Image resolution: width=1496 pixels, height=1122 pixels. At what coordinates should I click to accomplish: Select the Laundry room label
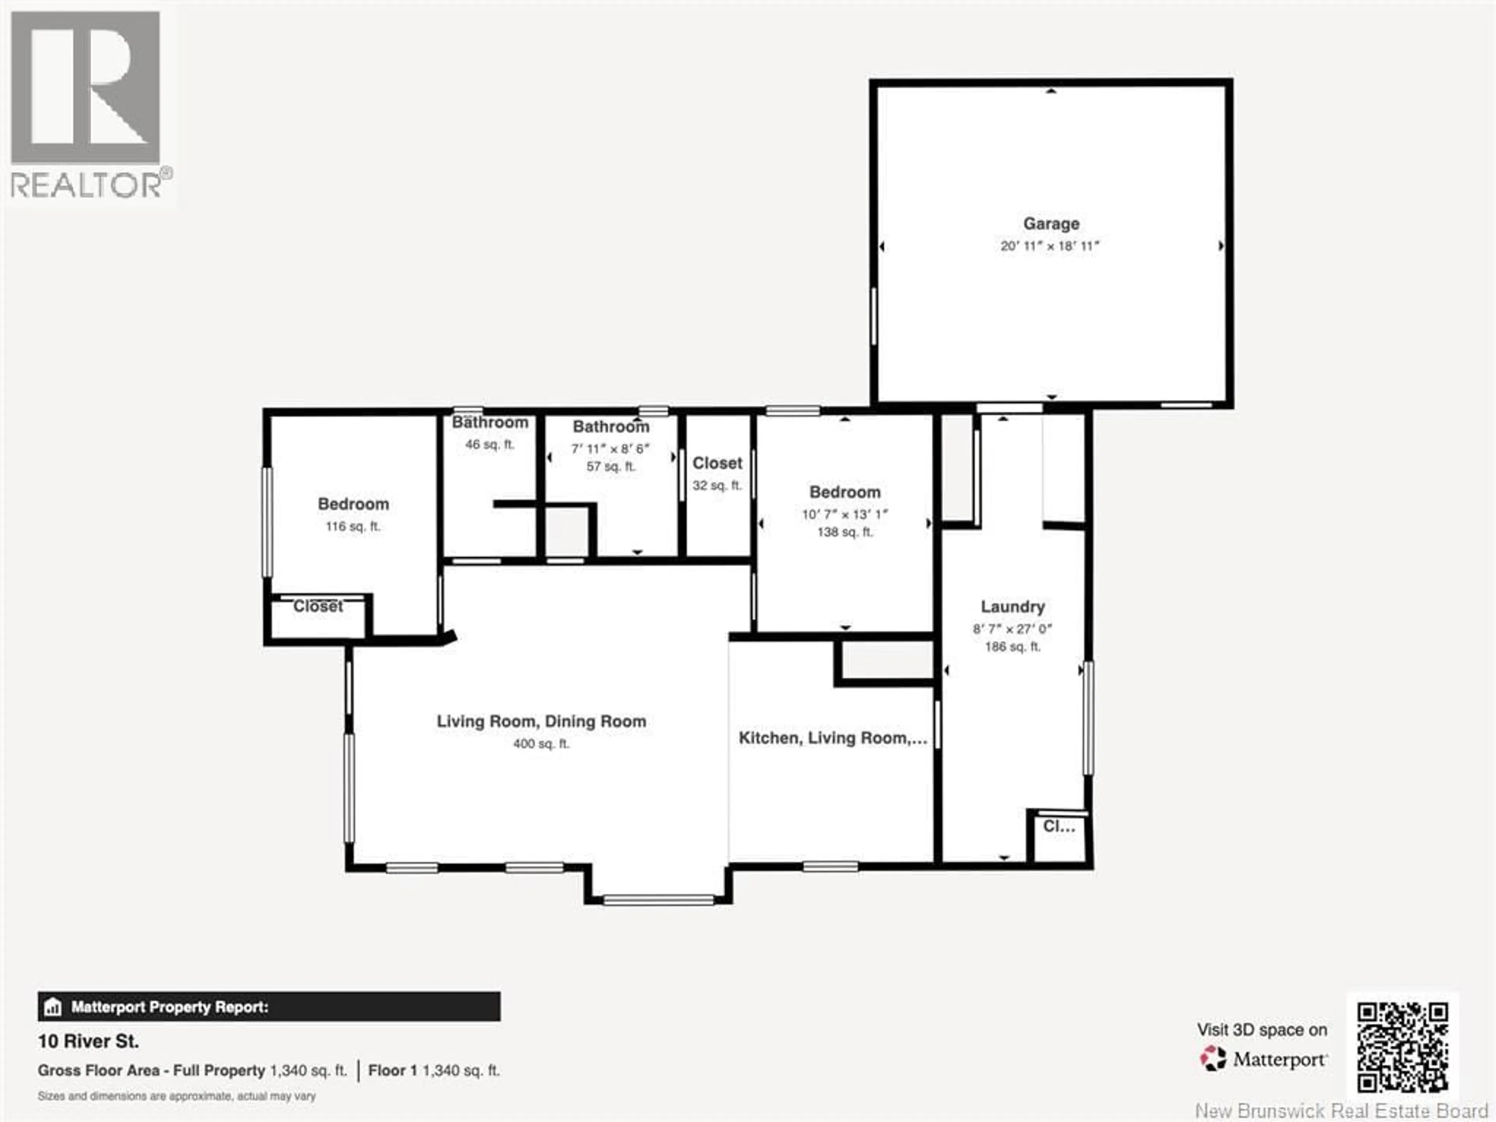(1013, 607)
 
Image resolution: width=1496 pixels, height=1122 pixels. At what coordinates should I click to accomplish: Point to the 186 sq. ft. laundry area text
(1013, 647)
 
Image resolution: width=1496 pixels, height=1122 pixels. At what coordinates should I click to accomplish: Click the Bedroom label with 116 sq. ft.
(353, 504)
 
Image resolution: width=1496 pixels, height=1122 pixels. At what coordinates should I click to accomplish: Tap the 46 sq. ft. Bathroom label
(490, 423)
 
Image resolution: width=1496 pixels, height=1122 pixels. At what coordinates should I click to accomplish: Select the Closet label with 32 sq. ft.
(717, 463)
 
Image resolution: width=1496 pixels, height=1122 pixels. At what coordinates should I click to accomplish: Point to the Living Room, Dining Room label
(541, 722)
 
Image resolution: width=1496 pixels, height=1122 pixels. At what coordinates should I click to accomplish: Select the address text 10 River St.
(88, 1041)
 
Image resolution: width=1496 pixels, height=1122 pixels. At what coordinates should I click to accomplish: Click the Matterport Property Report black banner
(269, 1007)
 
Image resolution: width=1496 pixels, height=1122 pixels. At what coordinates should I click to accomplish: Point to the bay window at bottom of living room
(658, 900)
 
